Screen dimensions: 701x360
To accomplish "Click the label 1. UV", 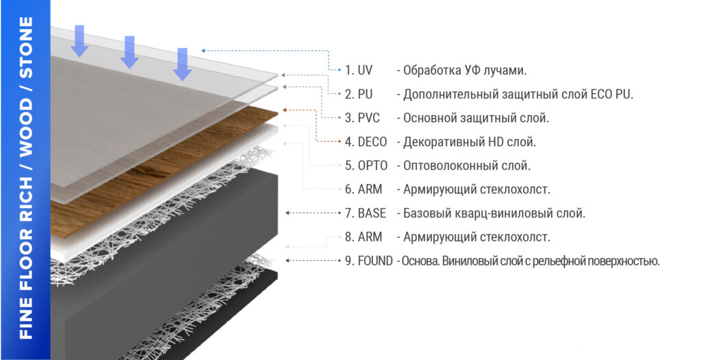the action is [x=359, y=70].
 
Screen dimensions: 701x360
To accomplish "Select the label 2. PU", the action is [x=359, y=94].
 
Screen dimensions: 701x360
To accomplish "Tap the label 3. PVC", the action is [x=362, y=118].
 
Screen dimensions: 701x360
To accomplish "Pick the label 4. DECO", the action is [x=366, y=142].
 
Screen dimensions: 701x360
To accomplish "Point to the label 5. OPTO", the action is [x=366, y=166].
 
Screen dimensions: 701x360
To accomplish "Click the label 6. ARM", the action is [x=364, y=190].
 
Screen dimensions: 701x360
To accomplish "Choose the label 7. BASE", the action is [x=366, y=214].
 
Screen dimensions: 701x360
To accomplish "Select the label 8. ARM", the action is [x=364, y=237].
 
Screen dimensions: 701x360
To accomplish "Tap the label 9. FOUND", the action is [x=369, y=261].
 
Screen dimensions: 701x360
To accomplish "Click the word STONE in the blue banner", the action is [x=27, y=47].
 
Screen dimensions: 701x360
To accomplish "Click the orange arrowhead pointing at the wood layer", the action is [x=285, y=110].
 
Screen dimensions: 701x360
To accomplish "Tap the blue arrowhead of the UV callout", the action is [x=203, y=51].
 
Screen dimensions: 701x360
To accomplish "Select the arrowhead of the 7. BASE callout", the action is [x=288, y=214].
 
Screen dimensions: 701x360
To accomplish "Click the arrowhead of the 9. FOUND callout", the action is [x=288, y=261].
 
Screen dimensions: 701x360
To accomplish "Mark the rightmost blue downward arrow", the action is [x=182, y=64].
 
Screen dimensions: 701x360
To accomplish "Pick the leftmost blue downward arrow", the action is [x=79, y=41].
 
